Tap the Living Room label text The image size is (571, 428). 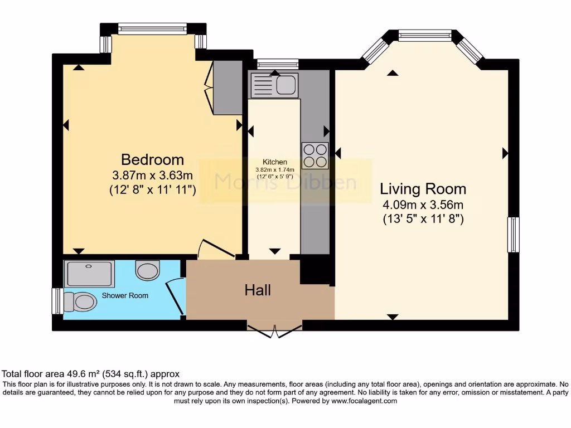coord(423,188)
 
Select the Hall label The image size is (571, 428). coord(258,290)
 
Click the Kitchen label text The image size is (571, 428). coord(275,162)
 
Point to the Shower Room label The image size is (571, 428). coord(125,295)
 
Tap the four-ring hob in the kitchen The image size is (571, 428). coord(315,155)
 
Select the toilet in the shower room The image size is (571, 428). coord(80,301)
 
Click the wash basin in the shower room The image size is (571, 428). coord(147,270)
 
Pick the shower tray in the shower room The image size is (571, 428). coord(89,273)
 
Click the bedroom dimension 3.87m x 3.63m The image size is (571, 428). coord(152,175)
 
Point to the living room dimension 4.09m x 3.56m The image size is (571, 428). coord(423,204)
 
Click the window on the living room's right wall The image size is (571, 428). coord(513,234)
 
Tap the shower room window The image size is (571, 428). coord(57,301)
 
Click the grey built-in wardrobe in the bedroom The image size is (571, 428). coord(227,87)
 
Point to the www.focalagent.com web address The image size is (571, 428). coord(364,401)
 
